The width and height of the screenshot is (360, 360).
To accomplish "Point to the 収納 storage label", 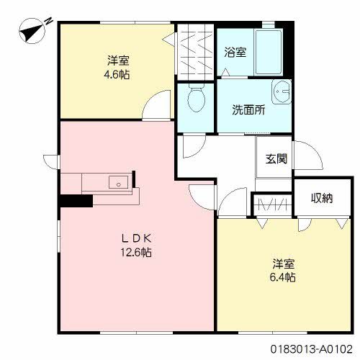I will (x=321, y=198).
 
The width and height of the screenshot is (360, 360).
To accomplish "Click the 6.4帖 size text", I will (x=284, y=276).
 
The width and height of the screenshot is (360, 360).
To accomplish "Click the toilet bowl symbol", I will (x=194, y=102).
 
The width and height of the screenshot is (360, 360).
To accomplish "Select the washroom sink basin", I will (x=282, y=93).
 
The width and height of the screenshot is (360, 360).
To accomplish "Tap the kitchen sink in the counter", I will (x=117, y=183).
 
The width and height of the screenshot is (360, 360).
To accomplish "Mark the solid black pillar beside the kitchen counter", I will (x=76, y=202).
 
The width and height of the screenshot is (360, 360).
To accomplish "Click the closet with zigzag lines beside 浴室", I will (x=194, y=52).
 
